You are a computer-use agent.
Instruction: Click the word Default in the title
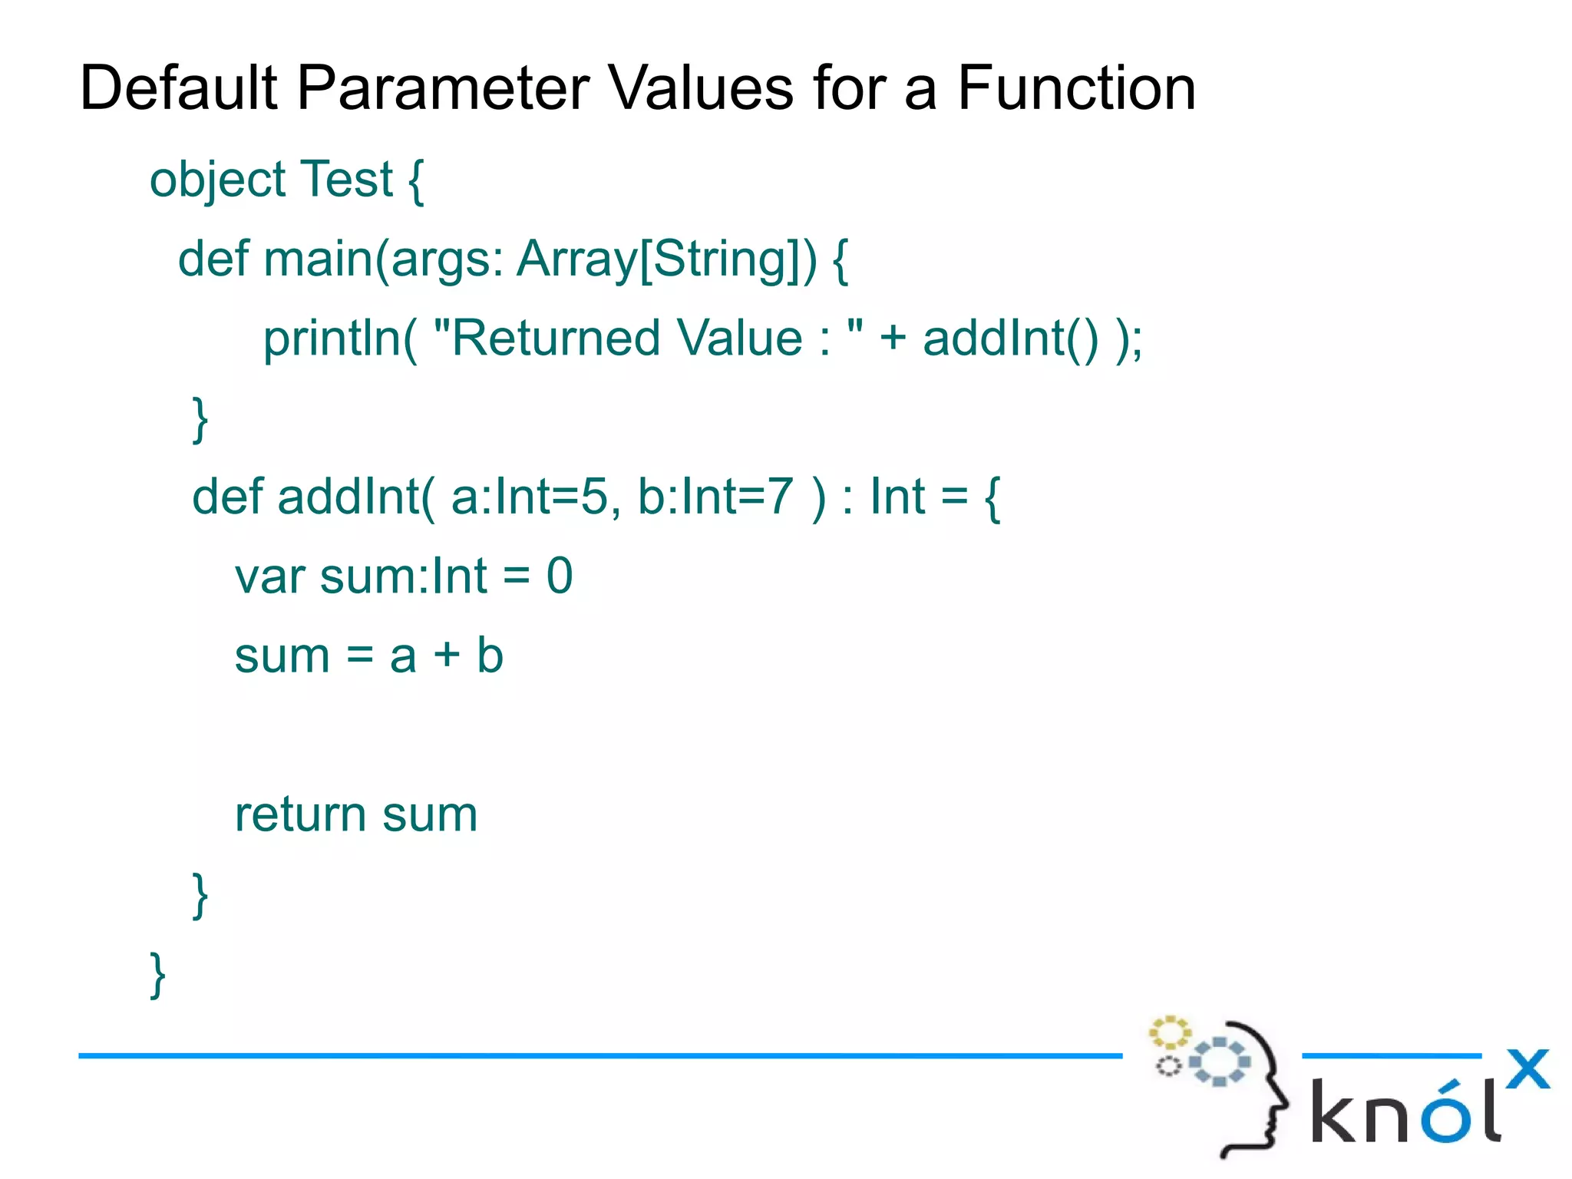[x=178, y=88]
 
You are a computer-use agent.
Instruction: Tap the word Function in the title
[x=1076, y=88]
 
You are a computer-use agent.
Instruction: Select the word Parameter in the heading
[x=443, y=88]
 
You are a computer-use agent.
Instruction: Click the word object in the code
[x=218, y=180]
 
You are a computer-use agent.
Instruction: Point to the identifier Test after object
[x=346, y=179]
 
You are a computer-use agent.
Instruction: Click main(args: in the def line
[x=384, y=259]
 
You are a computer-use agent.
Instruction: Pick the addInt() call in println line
[x=1010, y=339]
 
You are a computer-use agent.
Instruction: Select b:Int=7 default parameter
[x=715, y=497]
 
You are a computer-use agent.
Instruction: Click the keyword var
[x=269, y=577]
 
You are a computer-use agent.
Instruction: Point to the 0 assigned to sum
[x=560, y=576]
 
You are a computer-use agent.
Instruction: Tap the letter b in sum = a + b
[x=490, y=656]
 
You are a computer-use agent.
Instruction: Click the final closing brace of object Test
[x=157, y=975]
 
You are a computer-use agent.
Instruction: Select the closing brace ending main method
[x=200, y=419]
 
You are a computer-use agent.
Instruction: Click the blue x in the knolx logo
[x=1527, y=1069]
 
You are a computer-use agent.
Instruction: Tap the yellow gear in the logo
[x=1169, y=1032]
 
